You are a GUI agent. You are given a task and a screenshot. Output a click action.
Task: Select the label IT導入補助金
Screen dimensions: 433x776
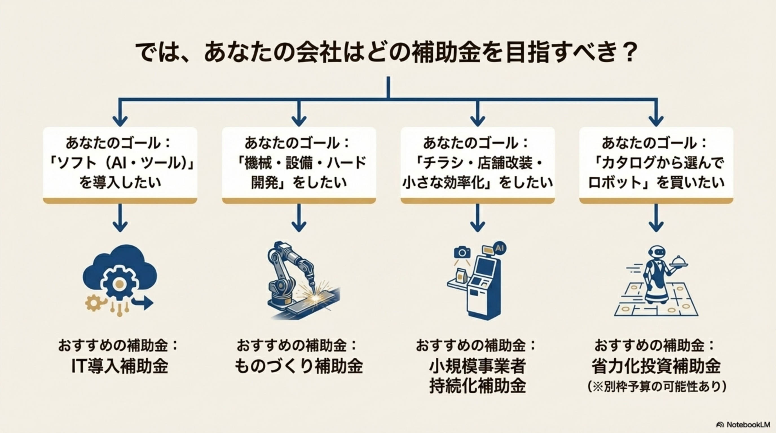(120, 366)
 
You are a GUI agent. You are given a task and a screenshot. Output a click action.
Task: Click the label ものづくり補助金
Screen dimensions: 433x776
(299, 366)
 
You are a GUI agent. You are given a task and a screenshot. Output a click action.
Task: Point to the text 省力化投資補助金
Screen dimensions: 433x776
(656, 366)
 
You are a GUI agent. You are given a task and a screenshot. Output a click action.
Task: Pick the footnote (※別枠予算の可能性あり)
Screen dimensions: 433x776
(656, 387)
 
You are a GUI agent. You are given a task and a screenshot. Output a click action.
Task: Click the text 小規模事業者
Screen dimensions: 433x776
(477, 366)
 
